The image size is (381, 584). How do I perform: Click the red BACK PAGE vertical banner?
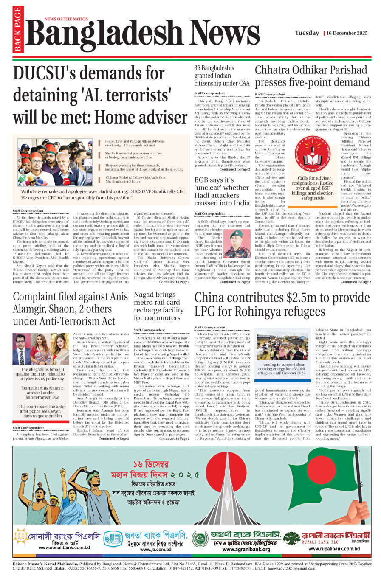(x=17, y=30)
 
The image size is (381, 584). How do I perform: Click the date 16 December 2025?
(x=347, y=33)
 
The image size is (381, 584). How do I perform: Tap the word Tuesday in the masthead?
(x=307, y=33)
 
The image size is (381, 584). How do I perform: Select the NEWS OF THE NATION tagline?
(x=66, y=19)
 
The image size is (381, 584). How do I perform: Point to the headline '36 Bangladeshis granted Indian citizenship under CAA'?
(x=222, y=76)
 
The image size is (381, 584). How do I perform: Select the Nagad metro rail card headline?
(x=158, y=306)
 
